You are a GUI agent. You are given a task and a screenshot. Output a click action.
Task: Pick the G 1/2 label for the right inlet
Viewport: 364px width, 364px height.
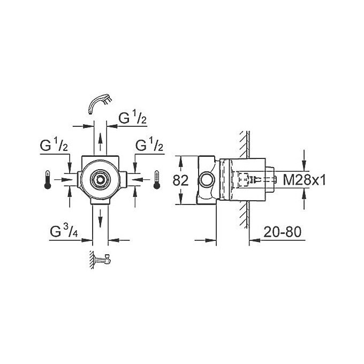(149, 146)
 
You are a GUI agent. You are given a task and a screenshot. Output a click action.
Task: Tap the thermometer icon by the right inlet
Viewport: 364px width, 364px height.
(157, 179)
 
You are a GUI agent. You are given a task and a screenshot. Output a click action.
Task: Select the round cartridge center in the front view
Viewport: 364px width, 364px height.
(100, 179)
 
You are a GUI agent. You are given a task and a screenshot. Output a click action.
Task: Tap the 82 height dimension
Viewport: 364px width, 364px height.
(180, 180)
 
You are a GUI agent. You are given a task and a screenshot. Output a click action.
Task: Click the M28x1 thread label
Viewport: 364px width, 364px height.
(304, 180)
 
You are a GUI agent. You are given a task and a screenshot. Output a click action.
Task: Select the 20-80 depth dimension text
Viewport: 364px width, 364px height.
(283, 232)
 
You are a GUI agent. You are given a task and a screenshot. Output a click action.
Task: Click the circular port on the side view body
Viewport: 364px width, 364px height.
(205, 180)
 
